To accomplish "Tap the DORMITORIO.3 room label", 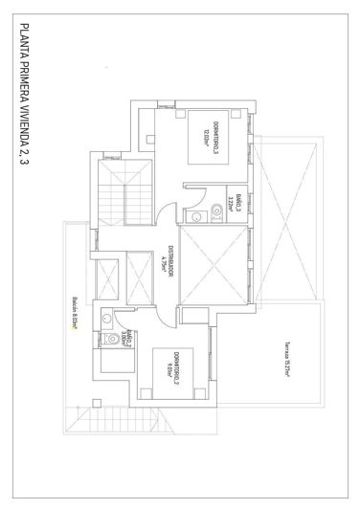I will [x=216, y=145].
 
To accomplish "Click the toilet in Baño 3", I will [x=196, y=218].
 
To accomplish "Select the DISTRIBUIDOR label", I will [x=169, y=261].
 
